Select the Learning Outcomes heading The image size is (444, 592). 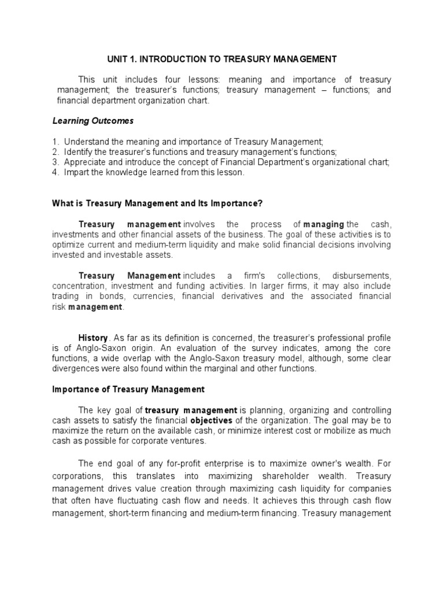pos(93,121)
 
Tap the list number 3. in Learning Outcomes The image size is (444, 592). pos(55,162)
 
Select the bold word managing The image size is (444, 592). pos(324,224)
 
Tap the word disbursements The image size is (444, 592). pos(363,276)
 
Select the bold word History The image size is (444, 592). pos(92,338)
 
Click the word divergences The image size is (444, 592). pos(76,369)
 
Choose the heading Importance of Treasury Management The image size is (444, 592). pos(128,390)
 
